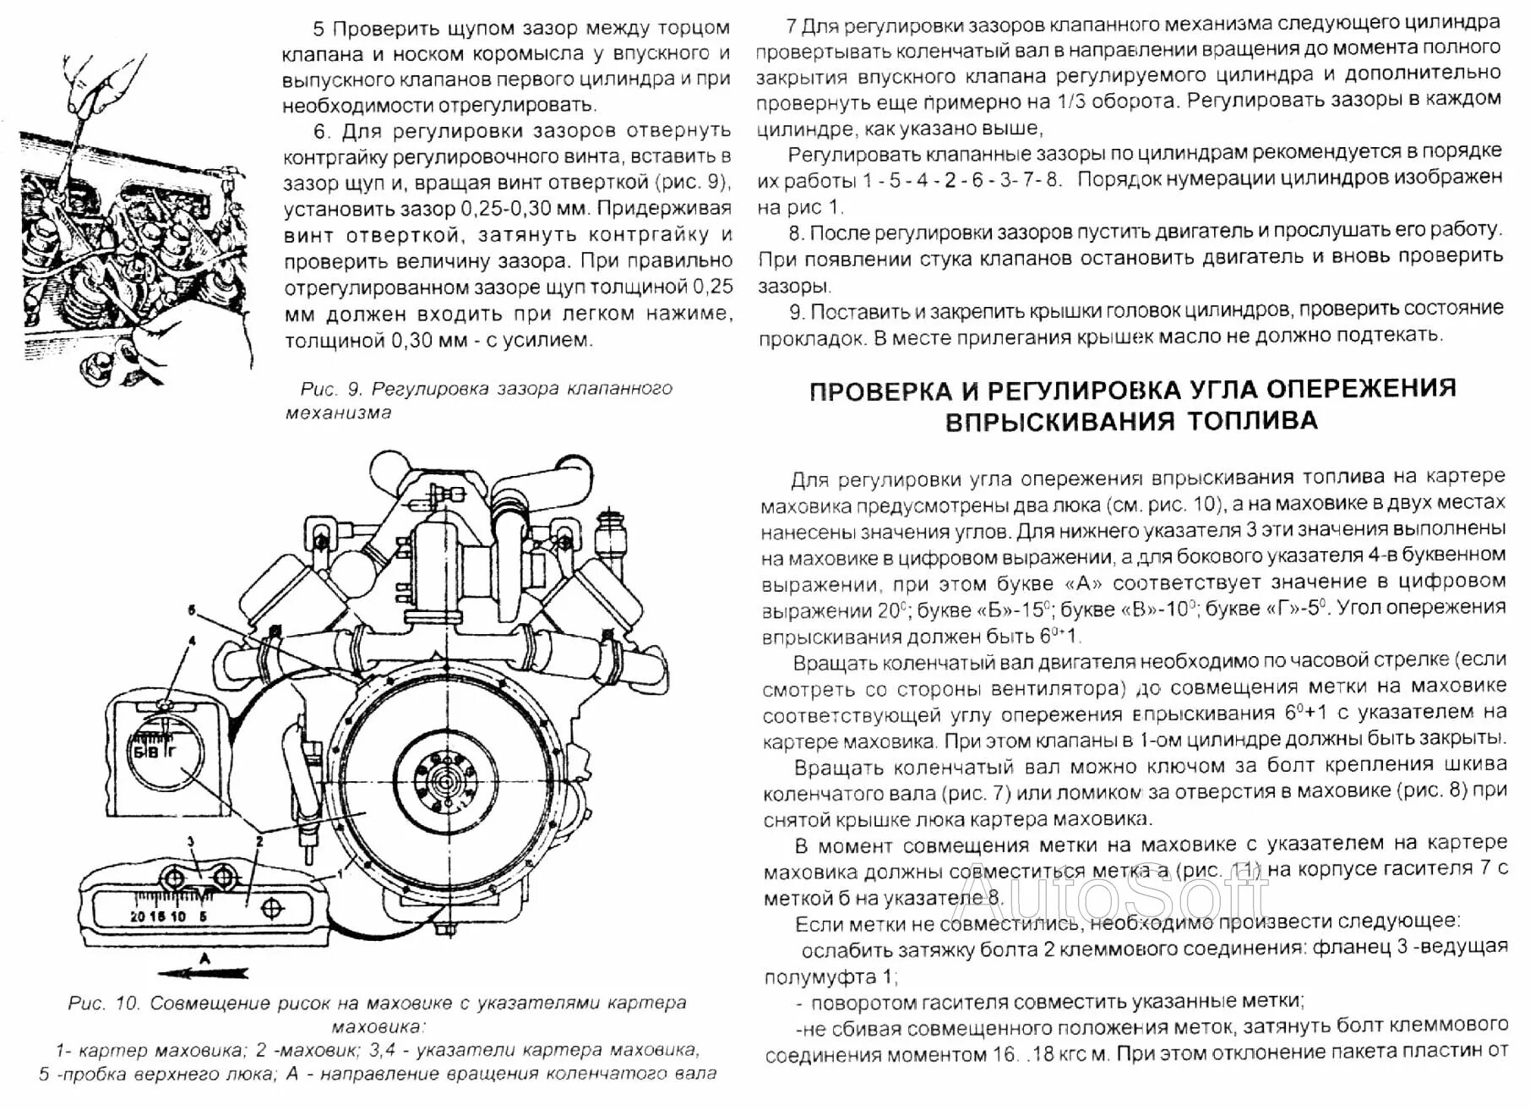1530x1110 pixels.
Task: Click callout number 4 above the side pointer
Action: coord(192,641)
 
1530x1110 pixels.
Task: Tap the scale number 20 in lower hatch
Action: coord(138,916)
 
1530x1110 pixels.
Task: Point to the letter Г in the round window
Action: coord(171,751)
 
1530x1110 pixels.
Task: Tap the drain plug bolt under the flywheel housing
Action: coord(443,932)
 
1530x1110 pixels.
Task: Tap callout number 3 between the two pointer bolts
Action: coord(192,842)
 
